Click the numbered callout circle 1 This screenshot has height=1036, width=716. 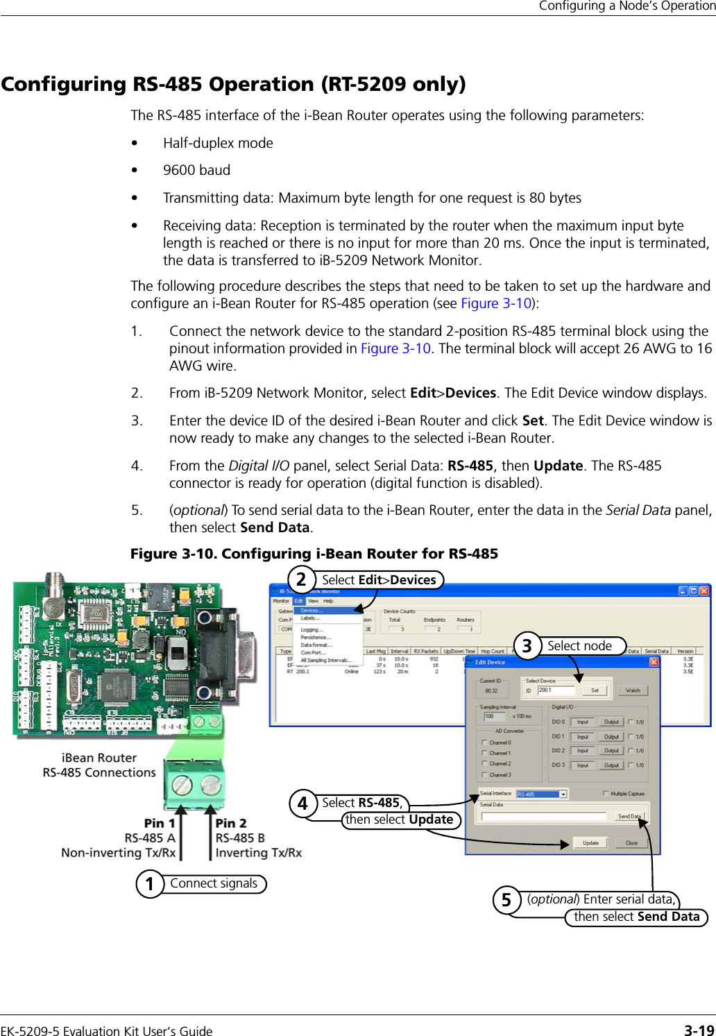click(x=150, y=884)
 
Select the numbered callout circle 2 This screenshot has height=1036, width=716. click(x=301, y=579)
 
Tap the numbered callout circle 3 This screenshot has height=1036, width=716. click(x=527, y=646)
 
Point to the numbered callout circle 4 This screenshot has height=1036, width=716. click(x=302, y=804)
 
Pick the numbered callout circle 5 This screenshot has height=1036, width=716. click(x=506, y=900)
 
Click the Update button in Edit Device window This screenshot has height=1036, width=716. click(x=590, y=843)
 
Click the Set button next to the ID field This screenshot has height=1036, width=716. click(x=595, y=690)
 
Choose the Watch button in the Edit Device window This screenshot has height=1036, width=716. click(x=633, y=690)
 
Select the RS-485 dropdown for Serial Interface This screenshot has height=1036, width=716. click(x=542, y=794)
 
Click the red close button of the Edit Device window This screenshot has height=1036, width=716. click(x=654, y=662)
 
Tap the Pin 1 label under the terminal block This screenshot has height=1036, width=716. click(x=160, y=823)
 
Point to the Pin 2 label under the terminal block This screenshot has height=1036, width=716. click(x=231, y=823)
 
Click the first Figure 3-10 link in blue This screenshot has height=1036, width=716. click(x=496, y=303)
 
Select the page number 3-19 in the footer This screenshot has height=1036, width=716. click(x=699, y=1030)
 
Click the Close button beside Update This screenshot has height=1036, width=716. click(x=631, y=843)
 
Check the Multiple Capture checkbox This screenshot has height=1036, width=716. click(x=606, y=793)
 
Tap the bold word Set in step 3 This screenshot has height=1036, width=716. click(x=532, y=421)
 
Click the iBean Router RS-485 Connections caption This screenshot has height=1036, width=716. click(x=99, y=765)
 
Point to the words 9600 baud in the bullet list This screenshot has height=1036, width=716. click(x=196, y=170)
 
